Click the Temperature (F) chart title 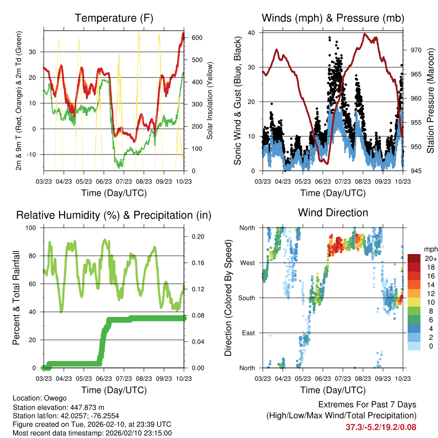(x=114, y=18)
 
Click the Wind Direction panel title (x=333, y=213)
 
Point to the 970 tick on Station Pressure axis (x=416, y=50)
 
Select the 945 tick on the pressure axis (x=416, y=171)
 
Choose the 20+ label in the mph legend (x=430, y=258)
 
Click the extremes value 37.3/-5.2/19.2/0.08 (x=381, y=427)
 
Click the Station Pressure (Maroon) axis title (x=431, y=101)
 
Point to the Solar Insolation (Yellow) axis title (x=210, y=101)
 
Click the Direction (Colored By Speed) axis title (x=228, y=298)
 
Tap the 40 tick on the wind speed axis (x=252, y=33)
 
